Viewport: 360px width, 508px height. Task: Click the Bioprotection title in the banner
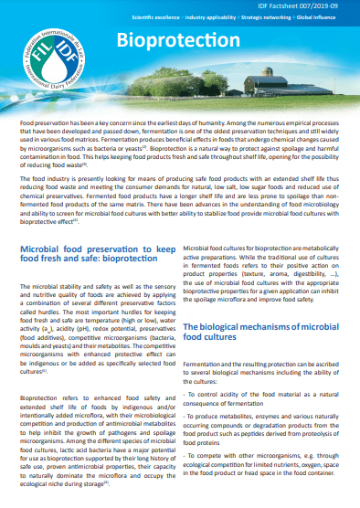point(167,39)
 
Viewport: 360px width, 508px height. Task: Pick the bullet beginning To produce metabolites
point(260,429)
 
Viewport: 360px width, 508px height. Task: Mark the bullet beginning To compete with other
point(260,471)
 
